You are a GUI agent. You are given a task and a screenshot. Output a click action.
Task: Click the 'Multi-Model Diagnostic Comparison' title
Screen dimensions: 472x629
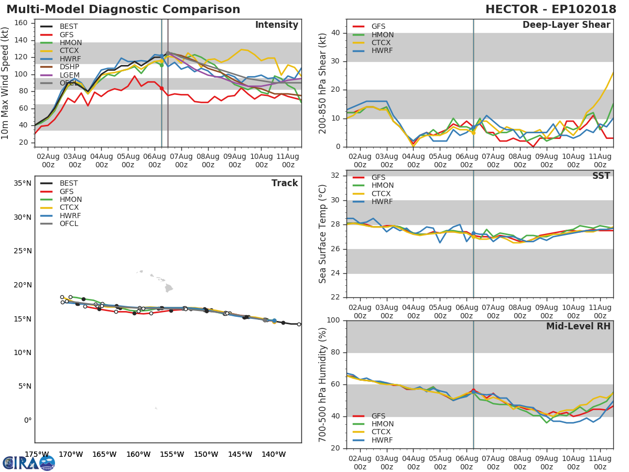point(123,9)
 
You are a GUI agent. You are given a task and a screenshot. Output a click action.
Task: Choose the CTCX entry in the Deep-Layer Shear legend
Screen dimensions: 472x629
point(383,43)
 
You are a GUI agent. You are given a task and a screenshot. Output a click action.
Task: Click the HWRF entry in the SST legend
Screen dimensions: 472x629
point(382,202)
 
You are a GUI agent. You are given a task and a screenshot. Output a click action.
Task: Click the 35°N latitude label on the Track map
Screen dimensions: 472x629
point(23,184)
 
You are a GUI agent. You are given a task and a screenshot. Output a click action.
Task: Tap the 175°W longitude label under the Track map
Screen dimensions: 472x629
point(37,455)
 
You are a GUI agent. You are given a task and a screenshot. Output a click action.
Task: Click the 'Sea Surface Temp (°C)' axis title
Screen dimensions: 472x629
point(323,234)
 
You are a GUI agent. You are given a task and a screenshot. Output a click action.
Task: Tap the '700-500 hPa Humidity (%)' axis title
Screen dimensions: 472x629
point(323,384)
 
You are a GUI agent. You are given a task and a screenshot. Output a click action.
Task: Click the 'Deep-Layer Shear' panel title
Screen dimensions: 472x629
point(566,25)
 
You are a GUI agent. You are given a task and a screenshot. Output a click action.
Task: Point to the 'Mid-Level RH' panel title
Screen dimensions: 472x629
point(578,327)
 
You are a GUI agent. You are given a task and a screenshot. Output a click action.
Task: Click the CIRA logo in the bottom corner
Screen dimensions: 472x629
point(29,463)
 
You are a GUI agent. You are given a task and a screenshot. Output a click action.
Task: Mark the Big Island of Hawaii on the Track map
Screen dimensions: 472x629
point(169,288)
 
